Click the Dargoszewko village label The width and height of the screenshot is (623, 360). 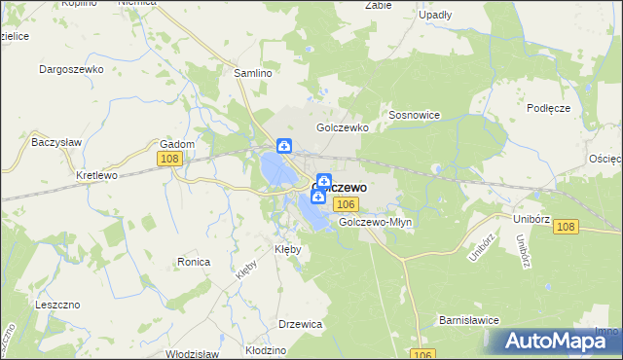[71, 69]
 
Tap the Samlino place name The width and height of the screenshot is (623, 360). [252, 73]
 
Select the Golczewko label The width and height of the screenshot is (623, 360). [341, 127]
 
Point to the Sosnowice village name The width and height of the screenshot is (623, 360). [415, 115]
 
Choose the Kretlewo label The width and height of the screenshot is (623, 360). [96, 176]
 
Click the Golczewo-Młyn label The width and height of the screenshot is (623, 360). [377, 222]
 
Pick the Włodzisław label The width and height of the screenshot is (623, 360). [193, 354]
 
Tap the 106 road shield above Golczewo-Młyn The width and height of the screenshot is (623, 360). [346, 203]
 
